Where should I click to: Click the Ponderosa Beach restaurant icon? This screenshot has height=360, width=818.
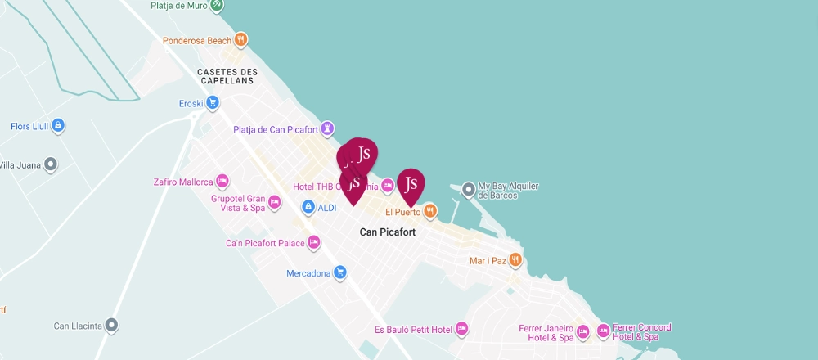tap(240, 39)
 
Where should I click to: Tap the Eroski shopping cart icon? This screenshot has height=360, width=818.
tap(213, 102)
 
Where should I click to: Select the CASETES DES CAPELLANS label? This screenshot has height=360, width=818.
tap(226, 76)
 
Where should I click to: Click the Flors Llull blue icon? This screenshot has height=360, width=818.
tap(58, 126)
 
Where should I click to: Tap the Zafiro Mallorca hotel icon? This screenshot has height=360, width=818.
tap(222, 181)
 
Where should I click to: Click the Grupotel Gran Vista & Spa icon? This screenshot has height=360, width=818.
tap(275, 201)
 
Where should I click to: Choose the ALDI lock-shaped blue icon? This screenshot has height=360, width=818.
tap(308, 207)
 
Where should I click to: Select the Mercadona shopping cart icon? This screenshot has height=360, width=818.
tap(340, 272)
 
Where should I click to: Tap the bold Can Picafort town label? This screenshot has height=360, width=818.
tap(388, 232)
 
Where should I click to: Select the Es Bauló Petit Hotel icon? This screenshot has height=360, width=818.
tap(461, 329)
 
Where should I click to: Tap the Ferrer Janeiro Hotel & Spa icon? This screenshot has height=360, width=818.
tap(582, 332)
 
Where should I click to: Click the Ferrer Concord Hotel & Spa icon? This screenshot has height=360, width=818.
tap(603, 331)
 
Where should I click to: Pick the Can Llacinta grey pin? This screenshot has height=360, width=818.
tap(112, 326)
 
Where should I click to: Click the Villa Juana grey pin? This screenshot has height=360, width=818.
tap(51, 164)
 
